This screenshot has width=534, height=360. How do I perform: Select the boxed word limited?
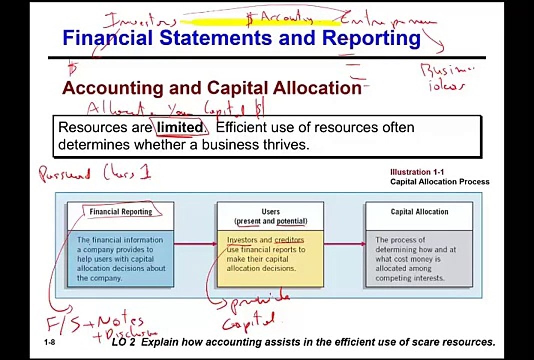[x=180, y=128]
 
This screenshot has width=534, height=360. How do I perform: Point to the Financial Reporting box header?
[x=121, y=212]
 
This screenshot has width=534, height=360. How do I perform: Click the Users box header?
[x=271, y=216]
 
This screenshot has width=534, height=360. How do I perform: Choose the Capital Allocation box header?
[x=419, y=212]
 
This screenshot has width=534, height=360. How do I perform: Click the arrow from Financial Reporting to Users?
[x=195, y=244]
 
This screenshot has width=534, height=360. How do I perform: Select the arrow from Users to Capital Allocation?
[x=345, y=244]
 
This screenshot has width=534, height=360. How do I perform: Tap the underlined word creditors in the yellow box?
[x=289, y=240]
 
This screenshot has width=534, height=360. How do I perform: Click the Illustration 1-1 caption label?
[x=417, y=172]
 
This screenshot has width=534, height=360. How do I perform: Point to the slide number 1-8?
[x=49, y=342]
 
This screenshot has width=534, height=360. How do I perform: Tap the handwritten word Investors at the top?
[x=140, y=21]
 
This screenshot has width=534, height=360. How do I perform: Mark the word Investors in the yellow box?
[x=242, y=240]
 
